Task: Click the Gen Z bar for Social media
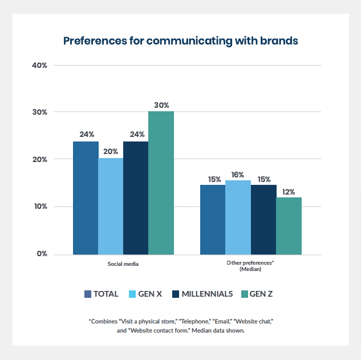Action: point(161,183)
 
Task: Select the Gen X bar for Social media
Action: point(111,206)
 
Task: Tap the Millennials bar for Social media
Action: point(136,197)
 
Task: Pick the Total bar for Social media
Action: point(86,197)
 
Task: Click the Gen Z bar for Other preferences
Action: point(289,225)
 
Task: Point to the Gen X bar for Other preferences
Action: point(238,217)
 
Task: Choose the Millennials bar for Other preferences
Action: point(263,219)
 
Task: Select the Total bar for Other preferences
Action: point(213,219)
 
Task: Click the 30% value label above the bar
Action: point(161,105)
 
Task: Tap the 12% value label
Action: point(289,192)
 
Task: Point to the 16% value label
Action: point(238,175)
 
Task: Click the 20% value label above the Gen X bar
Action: point(111,152)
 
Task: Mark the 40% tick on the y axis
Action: point(39,65)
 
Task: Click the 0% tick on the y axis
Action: point(42,253)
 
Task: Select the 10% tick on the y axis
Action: point(39,207)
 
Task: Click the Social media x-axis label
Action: point(123,264)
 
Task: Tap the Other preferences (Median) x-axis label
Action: point(250,266)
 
